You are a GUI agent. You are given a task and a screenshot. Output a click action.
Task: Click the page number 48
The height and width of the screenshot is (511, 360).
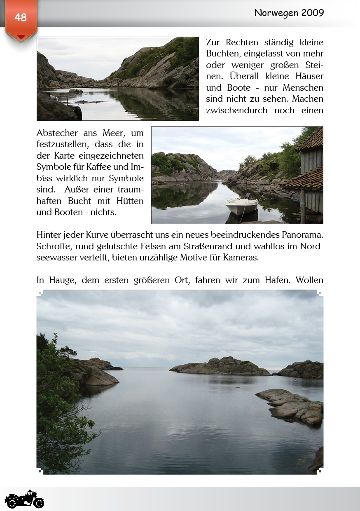pyautogui.click(x=20, y=17)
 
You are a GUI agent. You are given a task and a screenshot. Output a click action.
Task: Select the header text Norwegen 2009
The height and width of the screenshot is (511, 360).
pyautogui.click(x=289, y=13)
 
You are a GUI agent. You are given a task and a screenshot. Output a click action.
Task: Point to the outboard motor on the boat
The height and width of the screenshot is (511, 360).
pyautogui.click(x=248, y=197)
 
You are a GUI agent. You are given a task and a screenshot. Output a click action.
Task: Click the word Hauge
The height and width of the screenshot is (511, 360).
pyautogui.click(x=63, y=280)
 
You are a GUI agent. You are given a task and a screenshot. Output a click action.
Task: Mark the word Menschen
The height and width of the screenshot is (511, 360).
pyautogui.click(x=304, y=88)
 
